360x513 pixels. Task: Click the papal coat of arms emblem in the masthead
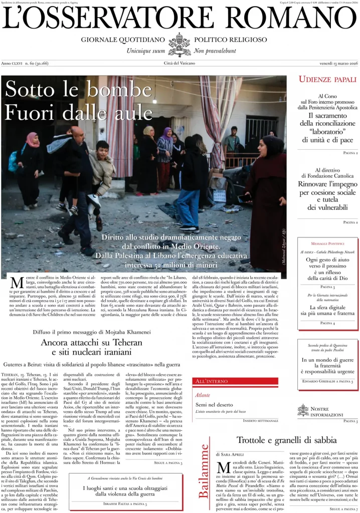coord(179,44)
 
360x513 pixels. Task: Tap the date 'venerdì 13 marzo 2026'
coord(337,63)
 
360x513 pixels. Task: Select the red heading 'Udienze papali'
coord(327,80)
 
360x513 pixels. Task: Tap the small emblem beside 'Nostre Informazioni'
coord(303,410)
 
